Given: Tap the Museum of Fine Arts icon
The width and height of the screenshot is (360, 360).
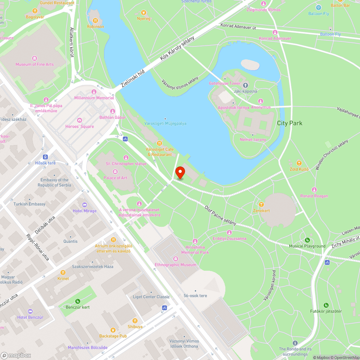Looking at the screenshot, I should tap(35, 58).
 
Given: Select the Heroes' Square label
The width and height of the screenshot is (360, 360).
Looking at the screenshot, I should tap(80, 126).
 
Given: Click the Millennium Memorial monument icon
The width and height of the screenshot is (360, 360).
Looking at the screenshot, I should tap(94, 92).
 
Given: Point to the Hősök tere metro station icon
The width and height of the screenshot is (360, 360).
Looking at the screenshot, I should tap(45, 157).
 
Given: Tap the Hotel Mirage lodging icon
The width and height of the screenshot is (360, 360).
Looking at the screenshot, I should tap(85, 204).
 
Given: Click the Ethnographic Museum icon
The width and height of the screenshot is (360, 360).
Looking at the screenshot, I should tap(176, 258).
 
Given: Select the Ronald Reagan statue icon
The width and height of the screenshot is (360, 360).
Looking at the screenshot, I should tap(314, 190).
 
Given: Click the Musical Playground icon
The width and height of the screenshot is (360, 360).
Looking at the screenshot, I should tap(307, 240).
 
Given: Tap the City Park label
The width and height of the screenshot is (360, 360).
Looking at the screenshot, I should tap(289, 123).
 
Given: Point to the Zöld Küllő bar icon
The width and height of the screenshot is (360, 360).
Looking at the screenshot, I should tap(299, 163).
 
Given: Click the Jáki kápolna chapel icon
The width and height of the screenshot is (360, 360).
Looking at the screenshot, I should tap(246, 85).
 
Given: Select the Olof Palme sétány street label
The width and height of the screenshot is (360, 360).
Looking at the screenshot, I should tap(220, 215).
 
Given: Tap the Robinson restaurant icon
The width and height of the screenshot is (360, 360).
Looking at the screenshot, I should tap(95, 21).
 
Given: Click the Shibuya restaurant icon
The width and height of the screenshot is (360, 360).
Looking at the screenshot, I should tap(135, 320).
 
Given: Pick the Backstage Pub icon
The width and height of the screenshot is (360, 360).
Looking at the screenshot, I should tap(113, 330).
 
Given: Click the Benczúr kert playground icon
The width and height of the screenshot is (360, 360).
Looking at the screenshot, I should tap(78, 301).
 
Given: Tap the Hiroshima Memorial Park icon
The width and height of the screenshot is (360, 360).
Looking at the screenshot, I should tap(195, 241).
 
